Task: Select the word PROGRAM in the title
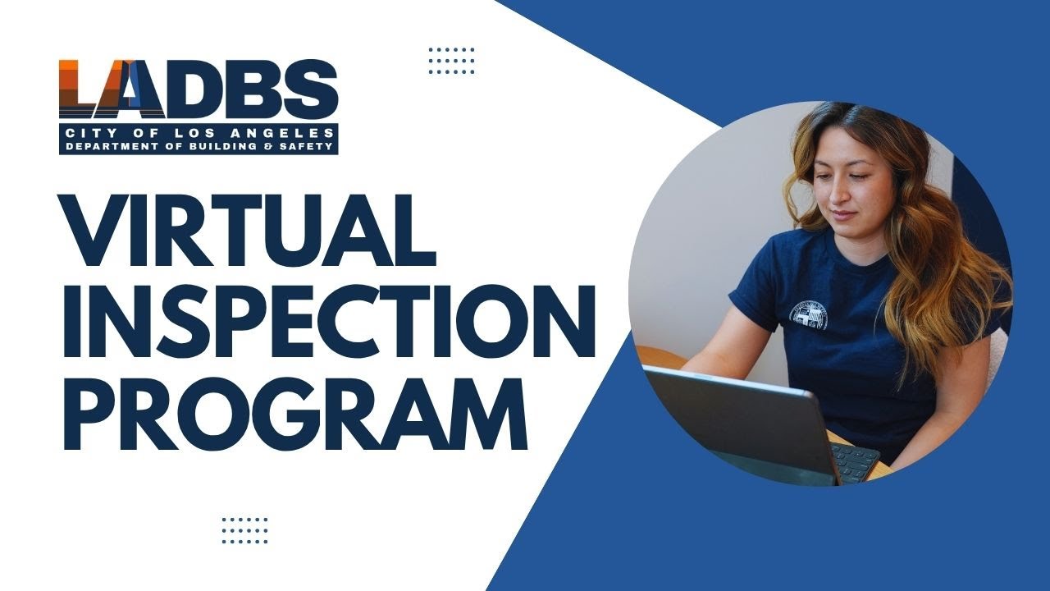295,409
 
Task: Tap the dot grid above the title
451,61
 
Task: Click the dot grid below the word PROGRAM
244,530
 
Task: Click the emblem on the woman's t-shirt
808,314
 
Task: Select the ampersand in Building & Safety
287,146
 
